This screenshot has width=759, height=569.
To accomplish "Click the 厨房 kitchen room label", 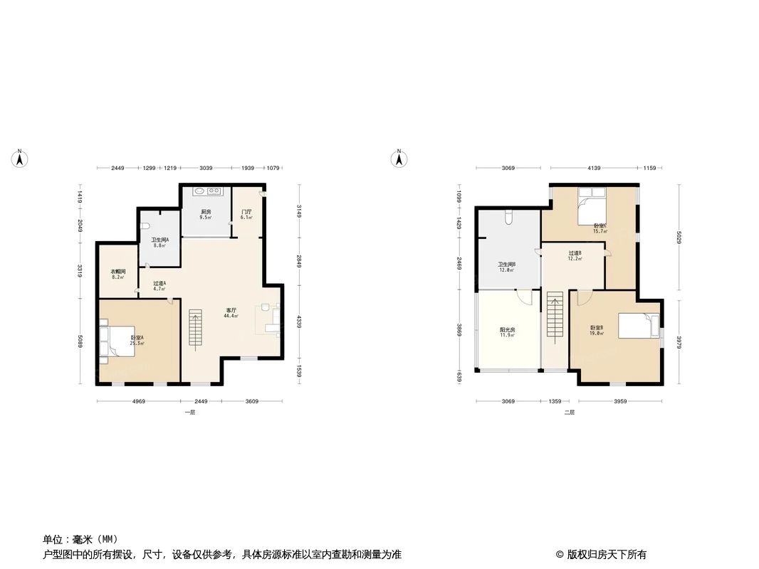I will (x=205, y=213).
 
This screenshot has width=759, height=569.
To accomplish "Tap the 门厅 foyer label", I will (x=246, y=213).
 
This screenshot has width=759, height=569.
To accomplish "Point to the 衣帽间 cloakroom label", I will (x=118, y=272).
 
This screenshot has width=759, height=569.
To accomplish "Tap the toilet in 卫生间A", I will (x=146, y=225).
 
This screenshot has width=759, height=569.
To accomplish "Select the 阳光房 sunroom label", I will (x=507, y=331).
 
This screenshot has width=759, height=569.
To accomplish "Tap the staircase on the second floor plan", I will (x=555, y=320).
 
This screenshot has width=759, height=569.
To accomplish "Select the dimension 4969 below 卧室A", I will (x=138, y=401).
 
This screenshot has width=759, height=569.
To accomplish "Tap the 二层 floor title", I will (x=569, y=413).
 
